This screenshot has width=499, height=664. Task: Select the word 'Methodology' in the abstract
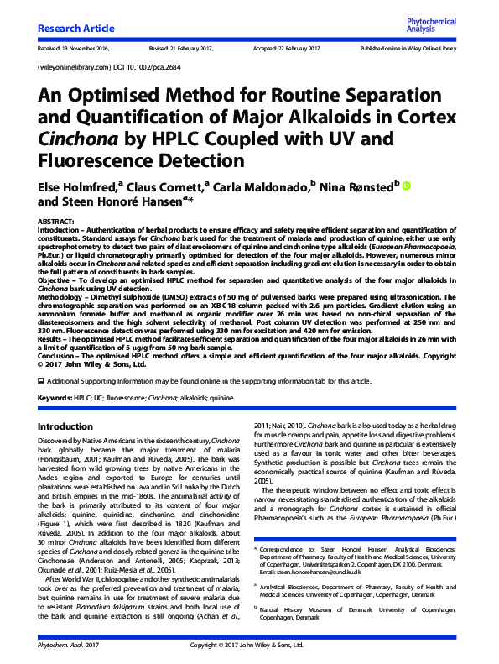pos(60,296)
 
